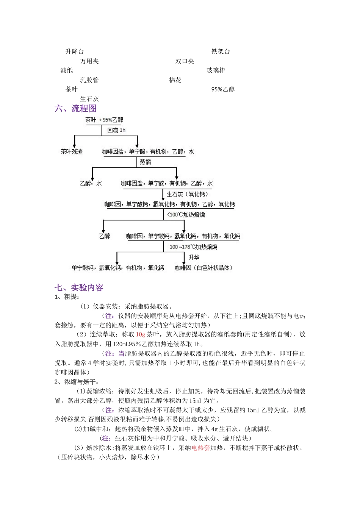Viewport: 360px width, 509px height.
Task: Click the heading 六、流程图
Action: [x=76, y=109]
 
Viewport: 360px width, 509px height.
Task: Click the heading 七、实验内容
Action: [x=79, y=288]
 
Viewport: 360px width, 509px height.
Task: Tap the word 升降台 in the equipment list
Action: [x=75, y=52]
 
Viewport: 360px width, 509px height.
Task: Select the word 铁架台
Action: [x=221, y=52]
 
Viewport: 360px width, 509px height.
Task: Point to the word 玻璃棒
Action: [x=216, y=70]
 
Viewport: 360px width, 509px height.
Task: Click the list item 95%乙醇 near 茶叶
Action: [x=223, y=89]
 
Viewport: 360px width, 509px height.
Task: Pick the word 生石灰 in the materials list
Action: [x=89, y=99]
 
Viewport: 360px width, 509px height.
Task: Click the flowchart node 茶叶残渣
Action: [x=72, y=151]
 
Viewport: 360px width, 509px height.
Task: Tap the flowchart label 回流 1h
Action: [x=116, y=130]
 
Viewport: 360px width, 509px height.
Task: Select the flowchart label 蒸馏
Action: [x=145, y=162]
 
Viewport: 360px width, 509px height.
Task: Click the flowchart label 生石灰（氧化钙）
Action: [x=187, y=194]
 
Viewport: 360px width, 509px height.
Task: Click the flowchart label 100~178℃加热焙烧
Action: [x=193, y=247]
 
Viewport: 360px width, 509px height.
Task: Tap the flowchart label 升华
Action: [x=194, y=258]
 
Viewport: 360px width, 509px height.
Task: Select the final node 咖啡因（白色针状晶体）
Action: [x=203, y=268]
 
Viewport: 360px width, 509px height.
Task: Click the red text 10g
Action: [x=141, y=334]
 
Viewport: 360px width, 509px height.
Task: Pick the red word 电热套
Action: [x=200, y=448]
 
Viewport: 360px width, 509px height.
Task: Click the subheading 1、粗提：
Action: [x=67, y=297]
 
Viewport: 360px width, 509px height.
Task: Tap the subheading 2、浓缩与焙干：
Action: [x=77, y=382]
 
